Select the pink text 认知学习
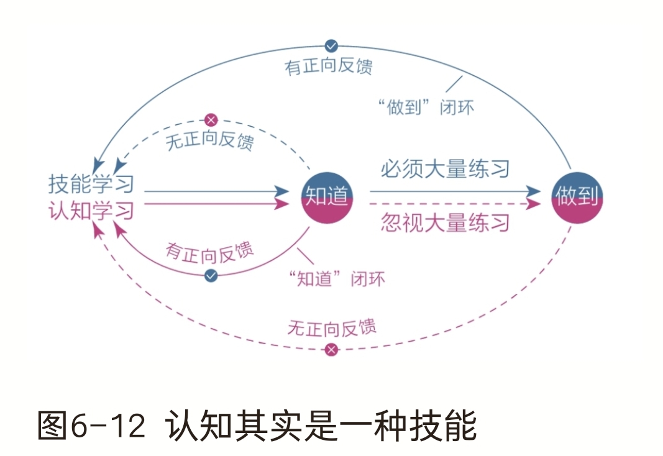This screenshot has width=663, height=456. (x=91, y=211)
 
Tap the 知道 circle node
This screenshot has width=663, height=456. (x=327, y=197)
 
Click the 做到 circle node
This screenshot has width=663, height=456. (x=578, y=197)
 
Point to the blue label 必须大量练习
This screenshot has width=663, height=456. (x=445, y=169)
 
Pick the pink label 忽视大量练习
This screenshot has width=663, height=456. (x=445, y=222)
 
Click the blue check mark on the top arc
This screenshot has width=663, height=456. (x=332, y=45)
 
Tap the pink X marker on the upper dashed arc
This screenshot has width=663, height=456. (x=211, y=119)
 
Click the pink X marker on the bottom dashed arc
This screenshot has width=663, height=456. (x=332, y=350)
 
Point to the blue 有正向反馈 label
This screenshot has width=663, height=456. (x=329, y=66)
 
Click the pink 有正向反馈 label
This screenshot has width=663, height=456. (x=210, y=251)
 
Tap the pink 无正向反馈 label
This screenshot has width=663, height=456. (x=332, y=327)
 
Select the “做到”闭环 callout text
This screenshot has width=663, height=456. (x=426, y=107)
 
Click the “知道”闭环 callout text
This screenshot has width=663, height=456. (x=337, y=278)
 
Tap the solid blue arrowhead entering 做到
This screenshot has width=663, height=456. (x=534, y=191)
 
